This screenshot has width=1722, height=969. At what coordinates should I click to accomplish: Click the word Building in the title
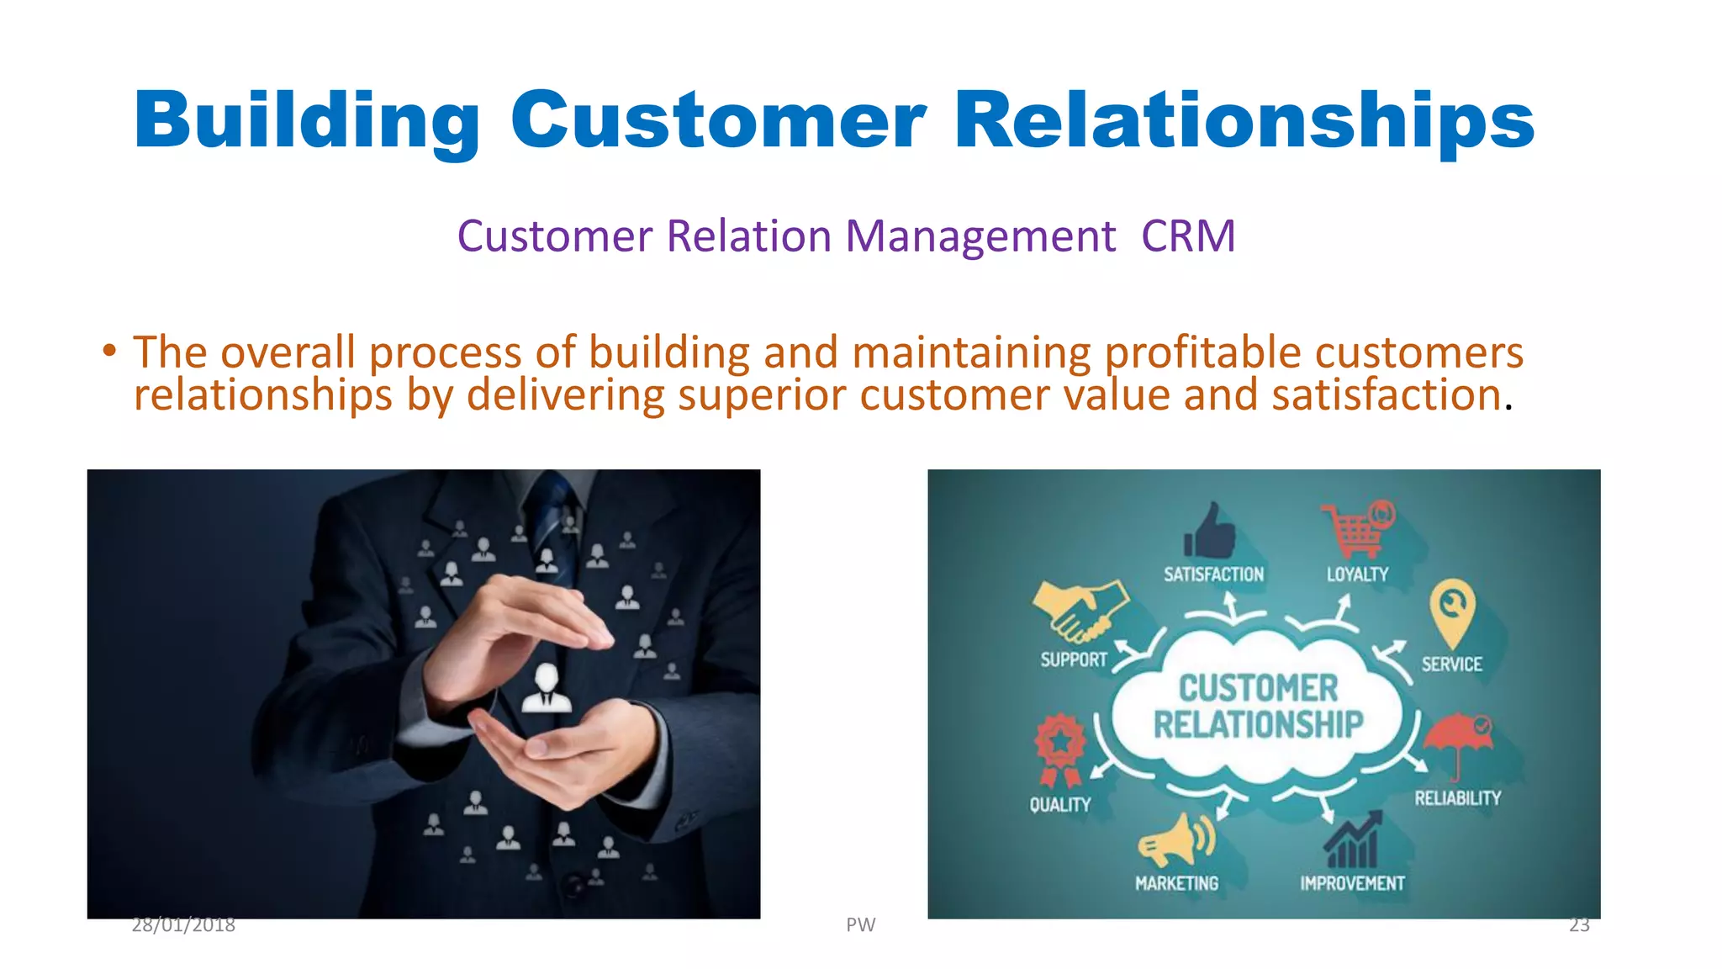[306, 120]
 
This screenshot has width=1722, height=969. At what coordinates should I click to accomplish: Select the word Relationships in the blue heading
[1244, 120]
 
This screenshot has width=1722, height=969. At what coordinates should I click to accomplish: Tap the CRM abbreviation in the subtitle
[1187, 236]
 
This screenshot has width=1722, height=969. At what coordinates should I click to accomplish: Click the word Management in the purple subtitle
[980, 236]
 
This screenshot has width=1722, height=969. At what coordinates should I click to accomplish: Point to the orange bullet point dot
[108, 351]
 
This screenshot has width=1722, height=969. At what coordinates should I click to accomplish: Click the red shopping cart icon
[1356, 529]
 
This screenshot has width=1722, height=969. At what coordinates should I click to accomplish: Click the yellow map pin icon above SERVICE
[1451, 612]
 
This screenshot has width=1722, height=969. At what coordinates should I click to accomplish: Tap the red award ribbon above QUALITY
[1059, 749]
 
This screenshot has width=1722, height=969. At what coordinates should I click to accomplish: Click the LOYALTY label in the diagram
[1357, 575]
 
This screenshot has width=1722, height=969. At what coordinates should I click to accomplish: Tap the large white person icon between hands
[547, 688]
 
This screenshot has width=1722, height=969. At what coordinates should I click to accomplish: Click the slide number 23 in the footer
[1579, 925]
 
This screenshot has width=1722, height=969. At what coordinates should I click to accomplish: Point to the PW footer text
[860, 925]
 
